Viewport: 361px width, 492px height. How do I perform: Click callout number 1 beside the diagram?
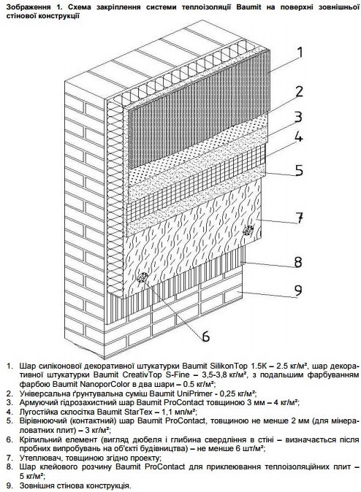pos(300,53)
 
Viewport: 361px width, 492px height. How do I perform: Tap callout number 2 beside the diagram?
pos(298,91)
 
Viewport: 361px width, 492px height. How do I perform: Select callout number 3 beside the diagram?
pos(298,116)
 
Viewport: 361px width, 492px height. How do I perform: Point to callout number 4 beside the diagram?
pos(298,137)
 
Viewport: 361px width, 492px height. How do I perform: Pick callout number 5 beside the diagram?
pos(299,170)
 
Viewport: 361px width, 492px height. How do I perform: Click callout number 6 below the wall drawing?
pos(206,336)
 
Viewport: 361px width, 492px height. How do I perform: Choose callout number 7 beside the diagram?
pos(300,218)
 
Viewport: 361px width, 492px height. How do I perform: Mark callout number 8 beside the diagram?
pos(297,261)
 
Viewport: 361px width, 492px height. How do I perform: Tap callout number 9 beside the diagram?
pos(298,291)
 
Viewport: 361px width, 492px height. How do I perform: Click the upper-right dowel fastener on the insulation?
pos(248,231)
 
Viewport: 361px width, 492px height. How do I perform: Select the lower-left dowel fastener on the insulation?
pos(143,277)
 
